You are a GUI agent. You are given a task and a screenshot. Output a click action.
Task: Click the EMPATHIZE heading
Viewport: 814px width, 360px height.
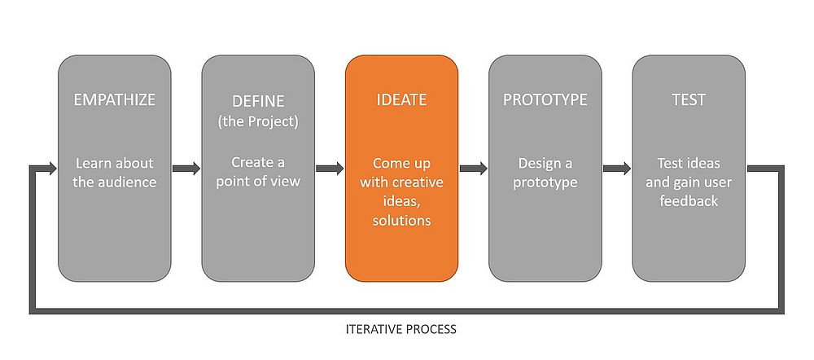114,99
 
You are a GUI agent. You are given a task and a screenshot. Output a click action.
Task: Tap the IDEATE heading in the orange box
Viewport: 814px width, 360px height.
401,99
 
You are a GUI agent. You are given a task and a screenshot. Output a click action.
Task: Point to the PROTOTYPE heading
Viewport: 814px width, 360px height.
545,99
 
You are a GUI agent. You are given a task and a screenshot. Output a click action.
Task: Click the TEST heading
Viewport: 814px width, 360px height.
689,99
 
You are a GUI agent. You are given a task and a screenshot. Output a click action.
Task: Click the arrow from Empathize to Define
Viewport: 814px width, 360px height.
186,169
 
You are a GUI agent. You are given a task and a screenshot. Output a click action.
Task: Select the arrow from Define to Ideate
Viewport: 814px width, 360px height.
330,169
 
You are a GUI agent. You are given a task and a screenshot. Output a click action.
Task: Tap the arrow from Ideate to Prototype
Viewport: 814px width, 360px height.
474,169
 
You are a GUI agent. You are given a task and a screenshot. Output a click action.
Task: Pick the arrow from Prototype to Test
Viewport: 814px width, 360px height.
617,169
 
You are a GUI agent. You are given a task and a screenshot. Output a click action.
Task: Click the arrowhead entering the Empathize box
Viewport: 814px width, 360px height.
52,169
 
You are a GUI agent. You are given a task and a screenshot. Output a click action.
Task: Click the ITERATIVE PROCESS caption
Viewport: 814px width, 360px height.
401,329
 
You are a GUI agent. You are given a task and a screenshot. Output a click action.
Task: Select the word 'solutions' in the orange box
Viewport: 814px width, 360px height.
401,220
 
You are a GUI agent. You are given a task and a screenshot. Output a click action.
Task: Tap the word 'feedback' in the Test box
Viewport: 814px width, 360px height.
689,201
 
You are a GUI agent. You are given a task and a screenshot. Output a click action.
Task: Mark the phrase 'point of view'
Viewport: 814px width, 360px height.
258,182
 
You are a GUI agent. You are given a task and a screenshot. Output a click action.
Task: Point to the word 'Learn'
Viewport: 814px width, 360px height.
94,163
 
